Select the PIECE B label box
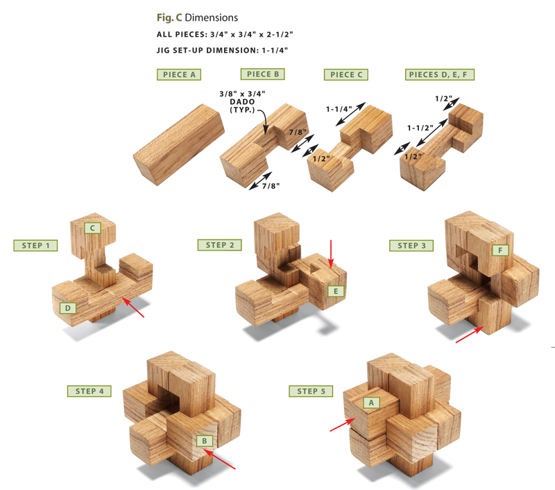[x=262, y=74]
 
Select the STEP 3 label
[x=411, y=246]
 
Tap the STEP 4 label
[x=89, y=391]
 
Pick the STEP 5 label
[x=311, y=391]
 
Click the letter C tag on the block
[x=91, y=228]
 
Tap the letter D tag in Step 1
[x=68, y=307]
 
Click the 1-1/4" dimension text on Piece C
[x=339, y=109]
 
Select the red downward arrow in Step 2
[x=332, y=253]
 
